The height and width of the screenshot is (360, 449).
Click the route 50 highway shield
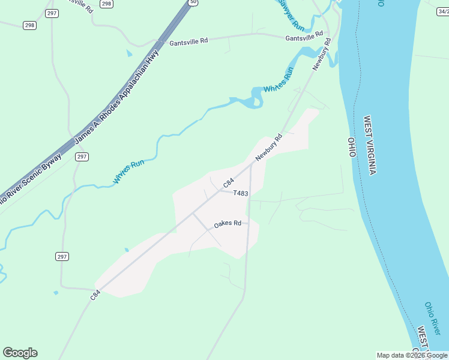pos(192,2)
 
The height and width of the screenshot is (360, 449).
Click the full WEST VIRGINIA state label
pos(369,145)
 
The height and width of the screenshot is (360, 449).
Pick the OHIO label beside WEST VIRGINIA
pos(352,147)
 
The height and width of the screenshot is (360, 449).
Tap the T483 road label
pos(241,193)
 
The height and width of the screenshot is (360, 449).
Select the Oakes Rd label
pos(228,224)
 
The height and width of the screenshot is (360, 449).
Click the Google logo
pos(20,353)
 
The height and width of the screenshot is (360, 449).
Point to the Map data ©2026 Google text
pos(411,355)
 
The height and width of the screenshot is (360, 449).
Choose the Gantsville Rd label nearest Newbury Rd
pos(305,38)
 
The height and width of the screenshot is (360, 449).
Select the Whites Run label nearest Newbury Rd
pos(279,80)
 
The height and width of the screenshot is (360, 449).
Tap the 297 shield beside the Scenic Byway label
pos(82,157)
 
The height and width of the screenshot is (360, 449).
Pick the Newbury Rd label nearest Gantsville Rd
pos(322,55)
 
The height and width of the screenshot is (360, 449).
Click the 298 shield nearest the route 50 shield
pos(106,4)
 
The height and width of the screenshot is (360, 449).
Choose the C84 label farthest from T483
pos(95,295)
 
